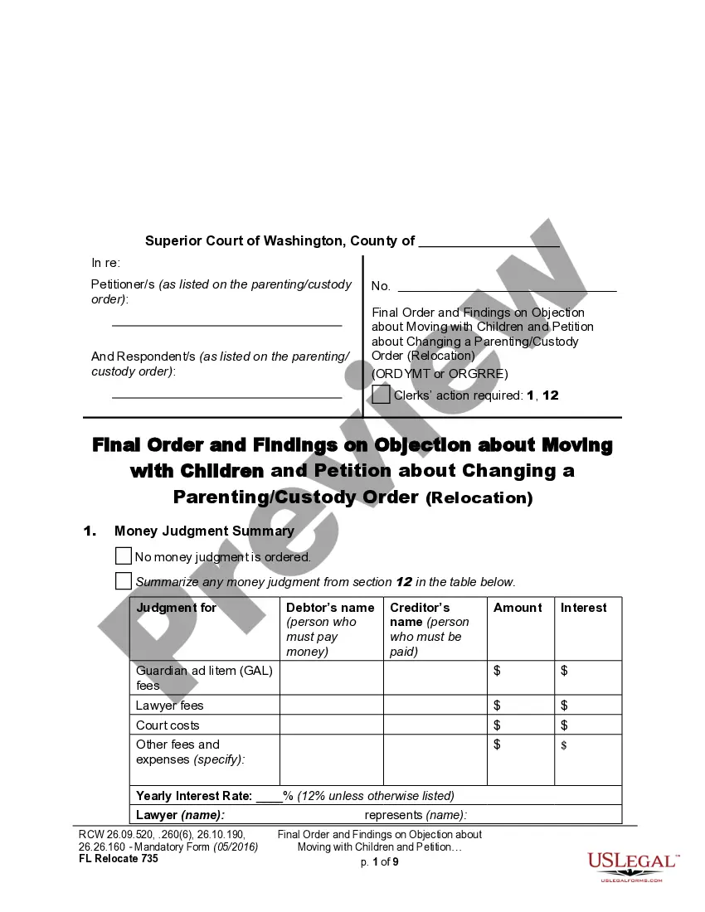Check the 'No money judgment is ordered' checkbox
124,556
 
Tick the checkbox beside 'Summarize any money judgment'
124,580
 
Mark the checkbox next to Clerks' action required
381,395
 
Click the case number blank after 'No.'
507,287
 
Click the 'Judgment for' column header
177,608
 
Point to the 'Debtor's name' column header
330,608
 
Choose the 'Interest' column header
584,608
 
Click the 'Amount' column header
518,608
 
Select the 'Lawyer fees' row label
170,706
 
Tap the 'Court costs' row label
168,725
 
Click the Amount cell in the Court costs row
520,725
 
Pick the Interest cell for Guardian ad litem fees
587,677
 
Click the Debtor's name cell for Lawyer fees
331,706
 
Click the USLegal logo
632,866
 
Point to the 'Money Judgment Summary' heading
204,531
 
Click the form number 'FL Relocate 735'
118,859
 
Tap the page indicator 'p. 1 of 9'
379,862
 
